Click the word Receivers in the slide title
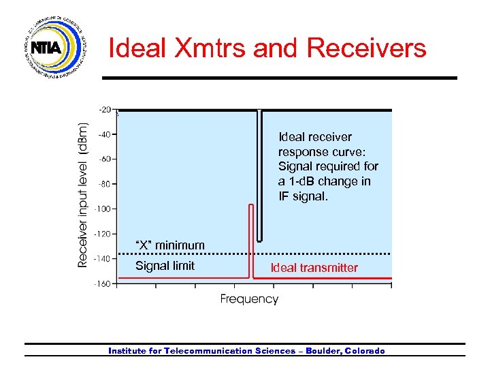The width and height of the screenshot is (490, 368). click(x=367, y=48)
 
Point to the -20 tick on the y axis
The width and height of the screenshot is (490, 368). click(x=105, y=109)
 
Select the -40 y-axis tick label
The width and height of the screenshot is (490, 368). click(x=105, y=134)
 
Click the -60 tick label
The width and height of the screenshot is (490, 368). click(x=105, y=159)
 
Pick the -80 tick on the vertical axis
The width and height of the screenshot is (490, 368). click(x=105, y=184)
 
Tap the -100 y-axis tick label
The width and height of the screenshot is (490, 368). click(x=103, y=209)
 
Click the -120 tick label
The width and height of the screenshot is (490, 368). click(x=103, y=234)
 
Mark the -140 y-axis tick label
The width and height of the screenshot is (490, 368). click(x=103, y=258)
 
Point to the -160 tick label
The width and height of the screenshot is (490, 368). click(x=103, y=283)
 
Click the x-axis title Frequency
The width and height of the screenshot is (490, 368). click(x=249, y=299)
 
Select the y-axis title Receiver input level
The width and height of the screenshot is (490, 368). click(x=82, y=195)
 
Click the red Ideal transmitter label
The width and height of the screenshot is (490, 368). click(x=314, y=268)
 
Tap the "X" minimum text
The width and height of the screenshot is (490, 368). click(x=169, y=245)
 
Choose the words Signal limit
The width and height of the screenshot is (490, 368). click(x=165, y=266)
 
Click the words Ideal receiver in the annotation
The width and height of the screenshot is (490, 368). click(x=315, y=137)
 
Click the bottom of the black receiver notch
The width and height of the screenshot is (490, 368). click(x=259, y=241)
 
